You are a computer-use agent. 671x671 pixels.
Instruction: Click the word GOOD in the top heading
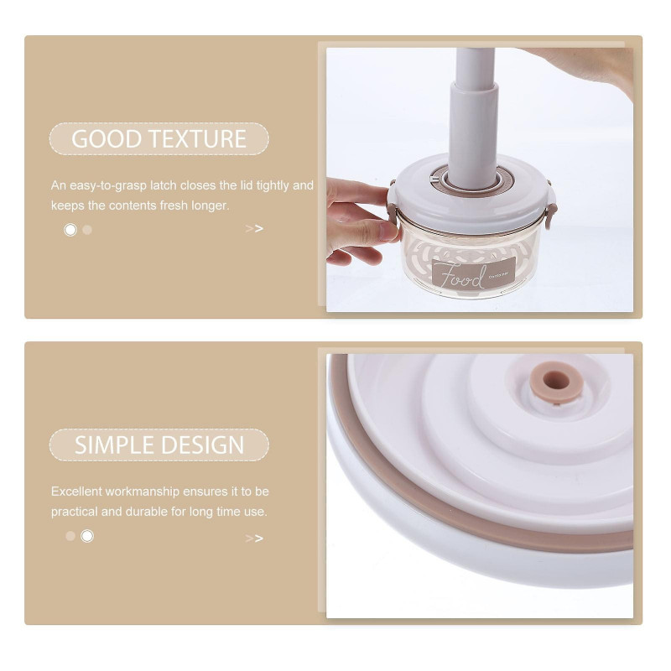pyautogui.click(x=107, y=138)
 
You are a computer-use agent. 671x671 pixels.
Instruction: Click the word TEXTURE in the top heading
pyautogui.click(x=198, y=138)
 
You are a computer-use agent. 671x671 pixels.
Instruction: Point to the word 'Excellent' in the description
pyautogui.click(x=76, y=492)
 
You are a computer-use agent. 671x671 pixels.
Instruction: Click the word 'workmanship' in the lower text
pyautogui.click(x=142, y=492)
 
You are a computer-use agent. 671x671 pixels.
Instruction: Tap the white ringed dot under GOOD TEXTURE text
pyautogui.click(x=70, y=230)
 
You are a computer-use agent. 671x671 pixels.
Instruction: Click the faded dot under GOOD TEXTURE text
pyautogui.click(x=87, y=230)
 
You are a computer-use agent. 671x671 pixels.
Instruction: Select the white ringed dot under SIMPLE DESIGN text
pyautogui.click(x=87, y=536)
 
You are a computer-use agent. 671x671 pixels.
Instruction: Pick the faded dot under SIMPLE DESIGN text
pyautogui.click(x=70, y=536)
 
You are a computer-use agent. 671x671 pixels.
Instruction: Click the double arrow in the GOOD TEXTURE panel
pyautogui.click(x=254, y=229)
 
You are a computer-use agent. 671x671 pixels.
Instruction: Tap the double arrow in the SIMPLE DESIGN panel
pyautogui.click(x=254, y=538)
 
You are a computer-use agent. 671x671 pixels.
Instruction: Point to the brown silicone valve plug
pyautogui.click(x=556, y=382)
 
